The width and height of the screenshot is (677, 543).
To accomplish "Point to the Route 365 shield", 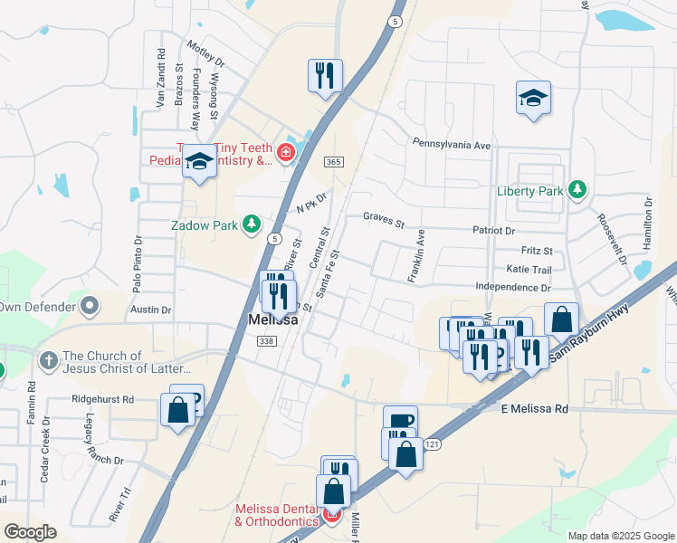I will (334, 161).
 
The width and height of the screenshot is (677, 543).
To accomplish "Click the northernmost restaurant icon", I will (325, 75).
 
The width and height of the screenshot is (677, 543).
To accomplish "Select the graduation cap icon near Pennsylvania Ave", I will (533, 97).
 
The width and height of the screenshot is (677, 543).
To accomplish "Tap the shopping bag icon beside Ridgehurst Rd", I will (178, 408).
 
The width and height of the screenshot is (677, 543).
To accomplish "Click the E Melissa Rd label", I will (535, 409).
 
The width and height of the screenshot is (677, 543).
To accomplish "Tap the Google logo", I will (30, 532).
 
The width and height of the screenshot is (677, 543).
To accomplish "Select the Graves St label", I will (383, 216).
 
